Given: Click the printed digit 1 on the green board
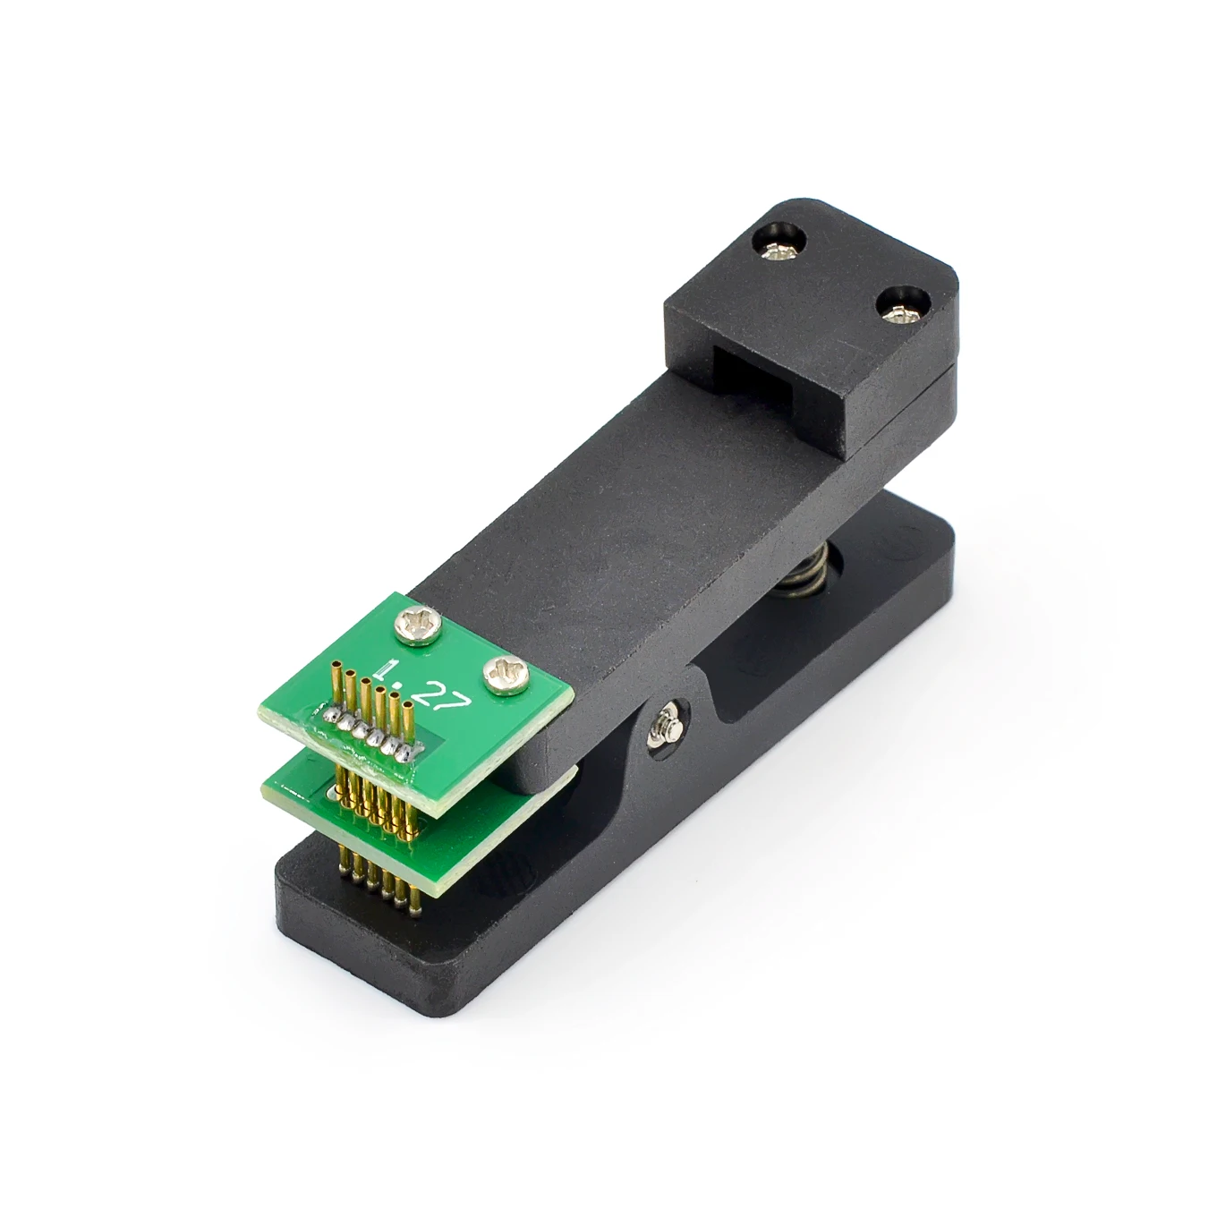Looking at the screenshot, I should [390, 668].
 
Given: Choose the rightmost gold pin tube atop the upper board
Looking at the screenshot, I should [408, 727].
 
